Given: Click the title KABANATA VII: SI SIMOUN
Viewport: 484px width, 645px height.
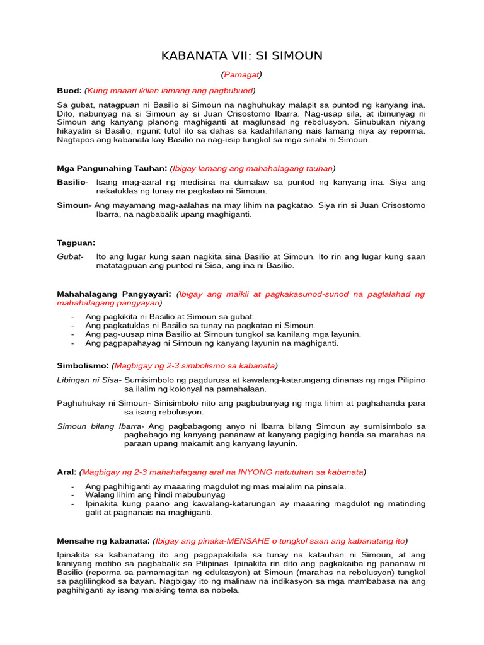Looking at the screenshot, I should (242, 56).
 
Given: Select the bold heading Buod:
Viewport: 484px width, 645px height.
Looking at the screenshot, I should (69, 90).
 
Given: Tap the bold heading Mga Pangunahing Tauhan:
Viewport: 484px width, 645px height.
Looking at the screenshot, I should (112, 168).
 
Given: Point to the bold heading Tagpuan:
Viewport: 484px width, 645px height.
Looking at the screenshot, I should (76, 243).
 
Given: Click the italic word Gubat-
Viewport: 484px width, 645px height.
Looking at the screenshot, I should (70, 256).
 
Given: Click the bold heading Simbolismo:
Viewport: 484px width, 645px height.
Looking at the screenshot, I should (83, 366).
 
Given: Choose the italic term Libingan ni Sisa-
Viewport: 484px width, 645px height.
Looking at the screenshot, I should (89, 380).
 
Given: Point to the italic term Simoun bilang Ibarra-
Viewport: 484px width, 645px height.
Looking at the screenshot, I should (101, 426).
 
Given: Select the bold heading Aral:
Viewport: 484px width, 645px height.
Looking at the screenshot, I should (67, 472).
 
